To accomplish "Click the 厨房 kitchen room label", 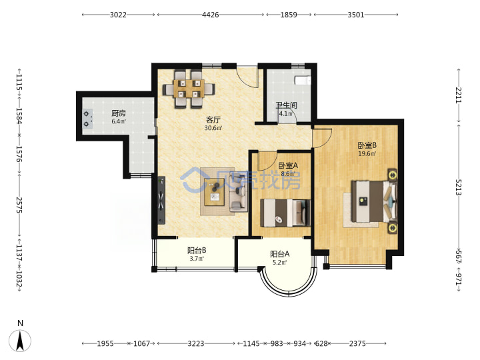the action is coord(119,113).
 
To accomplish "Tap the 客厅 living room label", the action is coord(213,120).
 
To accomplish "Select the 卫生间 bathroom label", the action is coord(287,105).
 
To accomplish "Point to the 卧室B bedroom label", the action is coord(367,145).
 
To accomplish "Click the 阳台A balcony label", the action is coord(279,254).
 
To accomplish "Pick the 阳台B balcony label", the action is coord(197,251).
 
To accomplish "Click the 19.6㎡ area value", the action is coord(367,154).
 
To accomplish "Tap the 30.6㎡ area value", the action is coord(213,128).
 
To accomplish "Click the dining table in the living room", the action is coord(189,89).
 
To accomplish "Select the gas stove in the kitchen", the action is coord(87,119).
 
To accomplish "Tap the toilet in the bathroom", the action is coord(303,80).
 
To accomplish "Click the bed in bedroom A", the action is coord(285,213).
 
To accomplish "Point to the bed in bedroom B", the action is coord(374,201).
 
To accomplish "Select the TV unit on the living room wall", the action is coord(161,201).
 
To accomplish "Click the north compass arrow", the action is coord(20,341).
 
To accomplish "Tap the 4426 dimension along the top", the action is coord(210,15).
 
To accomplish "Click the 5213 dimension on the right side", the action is coord(458,187).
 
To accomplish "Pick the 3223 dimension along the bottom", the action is coord(196,343).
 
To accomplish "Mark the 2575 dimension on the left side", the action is coord(19,205).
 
